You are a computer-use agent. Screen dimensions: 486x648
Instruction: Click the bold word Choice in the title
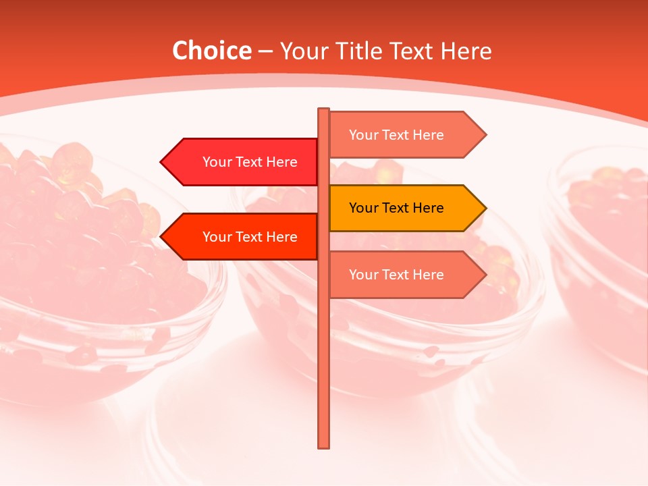tap(211, 51)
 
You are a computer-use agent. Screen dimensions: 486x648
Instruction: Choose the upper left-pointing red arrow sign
tap(243, 162)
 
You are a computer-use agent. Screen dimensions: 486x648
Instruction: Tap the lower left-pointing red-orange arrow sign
tap(243, 237)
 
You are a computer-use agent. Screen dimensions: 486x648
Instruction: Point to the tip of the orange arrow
tap(485, 208)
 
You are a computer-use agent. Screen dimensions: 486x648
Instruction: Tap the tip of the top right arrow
tap(485, 135)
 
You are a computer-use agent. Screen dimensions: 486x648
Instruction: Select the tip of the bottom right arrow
tap(485, 275)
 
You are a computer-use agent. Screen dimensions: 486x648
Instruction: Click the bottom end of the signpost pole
tap(324, 446)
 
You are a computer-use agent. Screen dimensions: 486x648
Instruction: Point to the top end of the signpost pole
tap(324, 110)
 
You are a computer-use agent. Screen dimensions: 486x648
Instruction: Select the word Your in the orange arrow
tap(363, 208)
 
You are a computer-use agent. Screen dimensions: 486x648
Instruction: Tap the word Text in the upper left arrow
tap(250, 162)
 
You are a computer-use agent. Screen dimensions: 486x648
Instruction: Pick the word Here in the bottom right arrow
tap(428, 275)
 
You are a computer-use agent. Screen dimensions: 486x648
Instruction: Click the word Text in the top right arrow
tap(396, 135)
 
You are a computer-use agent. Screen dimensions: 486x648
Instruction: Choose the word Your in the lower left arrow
tap(217, 237)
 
